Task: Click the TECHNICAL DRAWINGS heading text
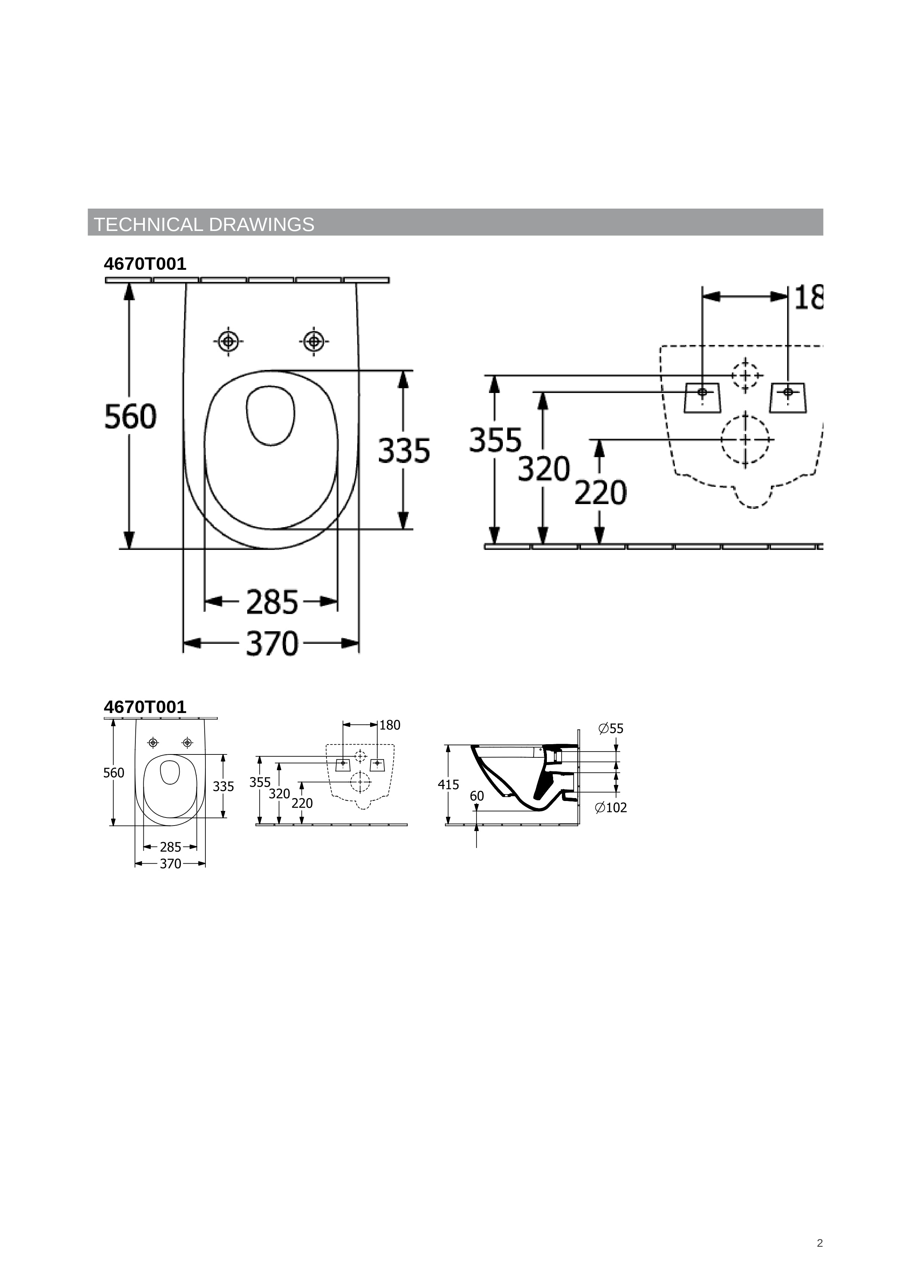coord(204,225)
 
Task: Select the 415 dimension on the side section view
coord(448,785)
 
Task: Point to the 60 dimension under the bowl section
coord(477,796)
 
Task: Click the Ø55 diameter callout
coord(611,729)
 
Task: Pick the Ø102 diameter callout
coord(611,808)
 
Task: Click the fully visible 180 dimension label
coord(390,725)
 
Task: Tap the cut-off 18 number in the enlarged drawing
coord(808,298)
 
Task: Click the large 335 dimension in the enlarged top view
coord(404,451)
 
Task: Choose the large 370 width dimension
coord(272,644)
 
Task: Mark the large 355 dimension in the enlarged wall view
coord(495,440)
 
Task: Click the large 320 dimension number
coord(544,469)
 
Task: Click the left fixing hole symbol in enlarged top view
coord(228,341)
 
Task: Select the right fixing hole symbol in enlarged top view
coord(314,341)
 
